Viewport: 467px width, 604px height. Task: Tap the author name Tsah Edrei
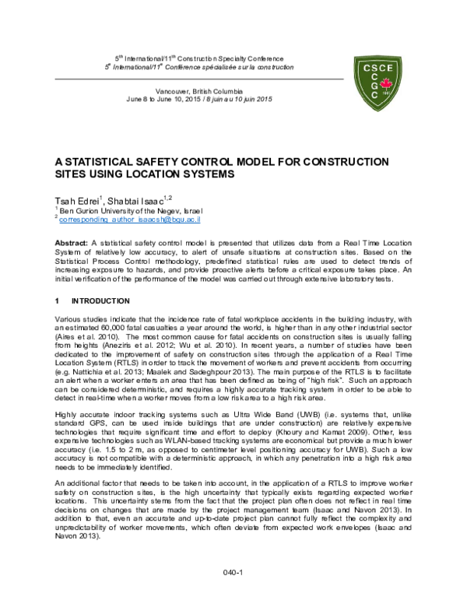(x=79, y=198)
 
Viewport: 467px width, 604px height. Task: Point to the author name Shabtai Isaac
(x=148, y=198)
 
